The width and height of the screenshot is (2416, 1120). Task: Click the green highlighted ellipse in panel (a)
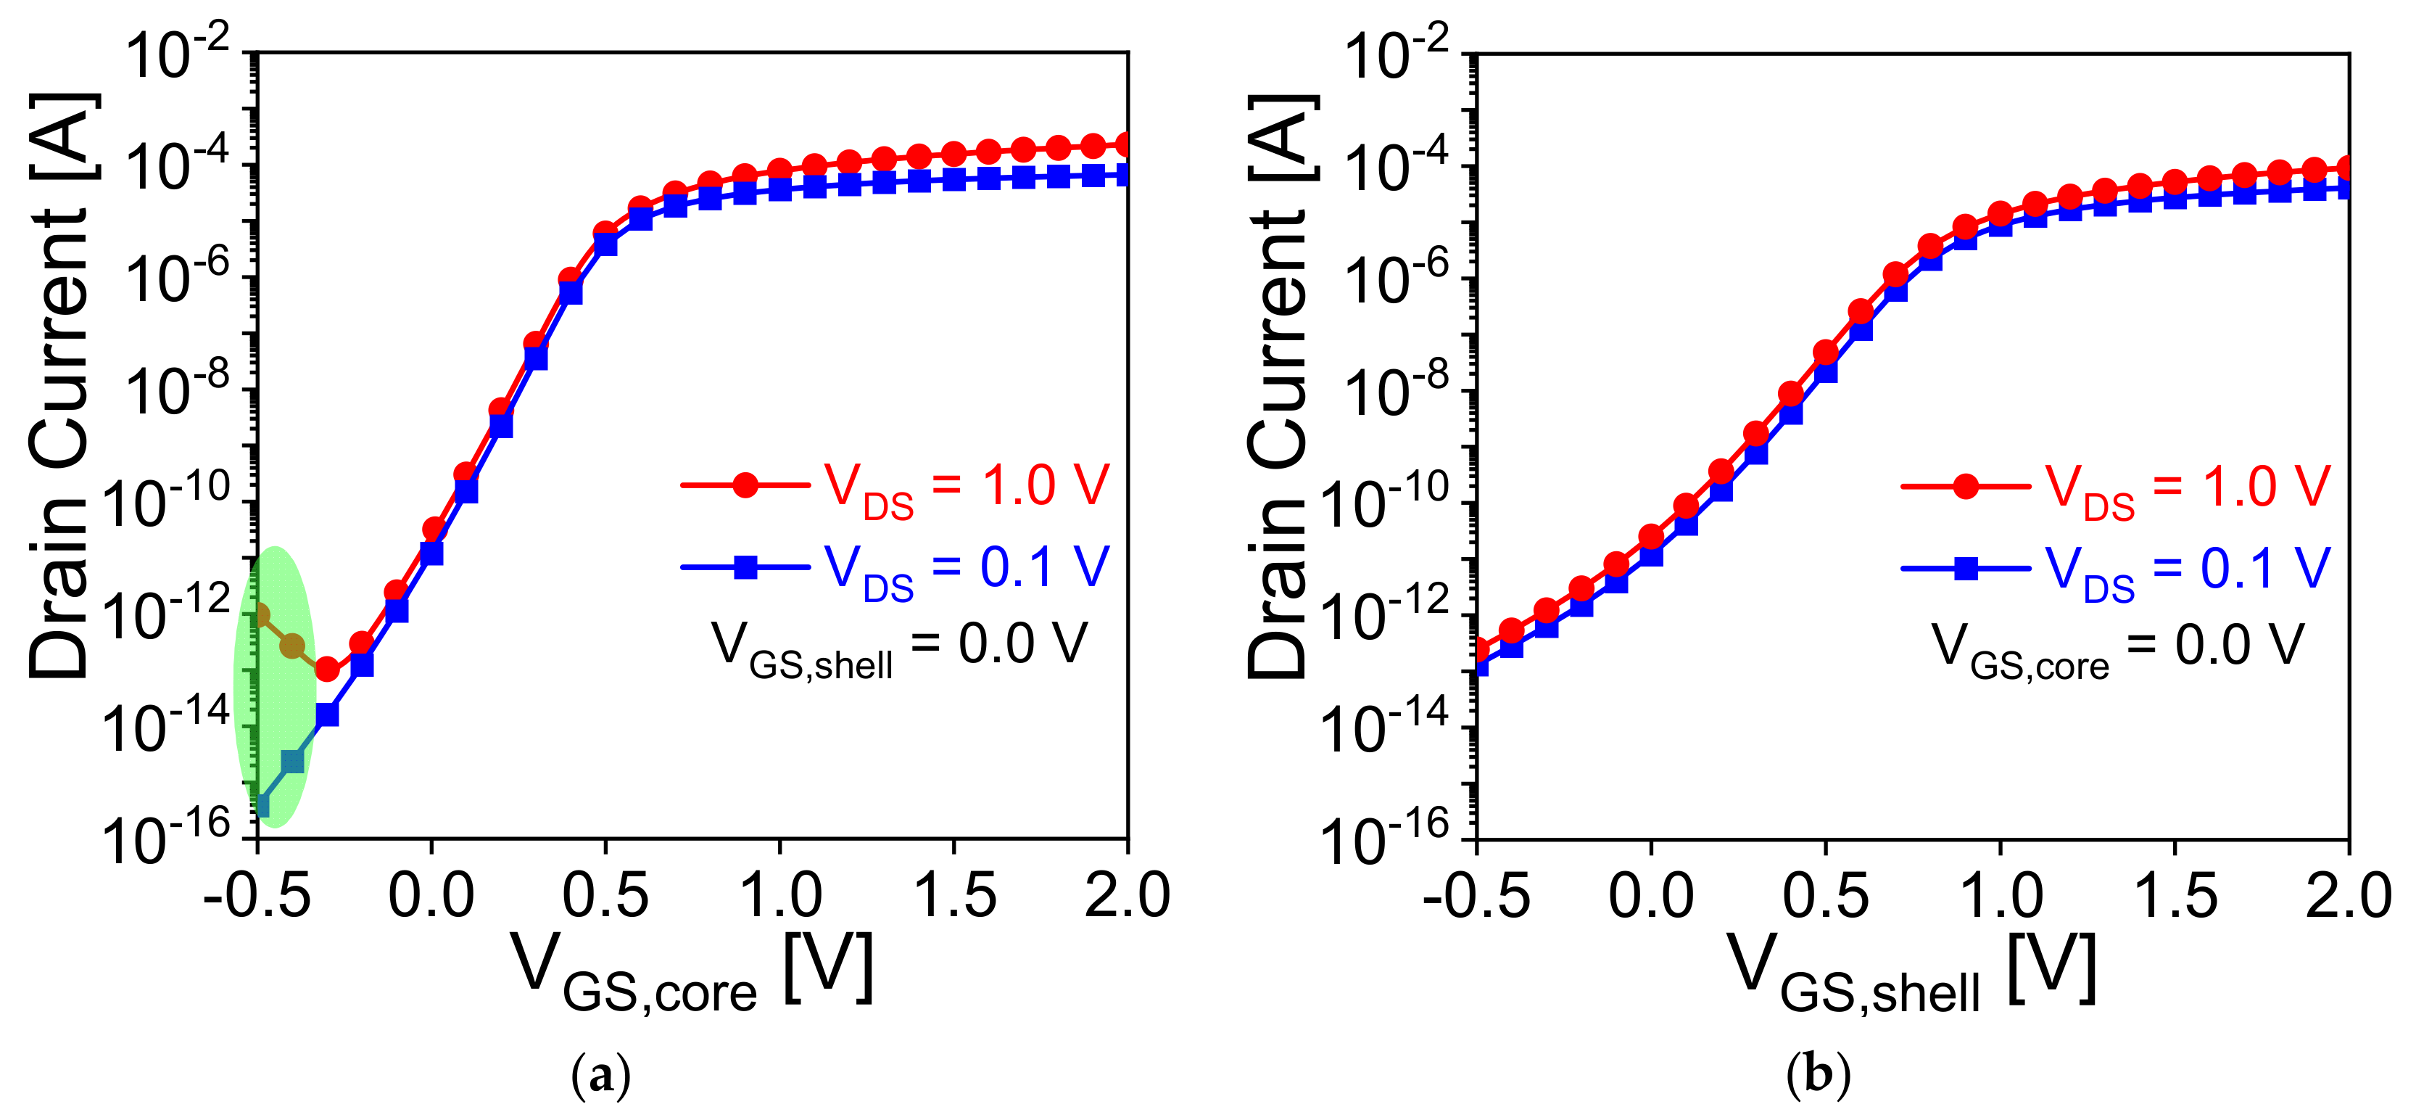(x=274, y=687)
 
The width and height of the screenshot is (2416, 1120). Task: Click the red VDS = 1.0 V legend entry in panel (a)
(x=895, y=487)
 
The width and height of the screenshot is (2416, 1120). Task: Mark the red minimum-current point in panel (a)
(x=327, y=670)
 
